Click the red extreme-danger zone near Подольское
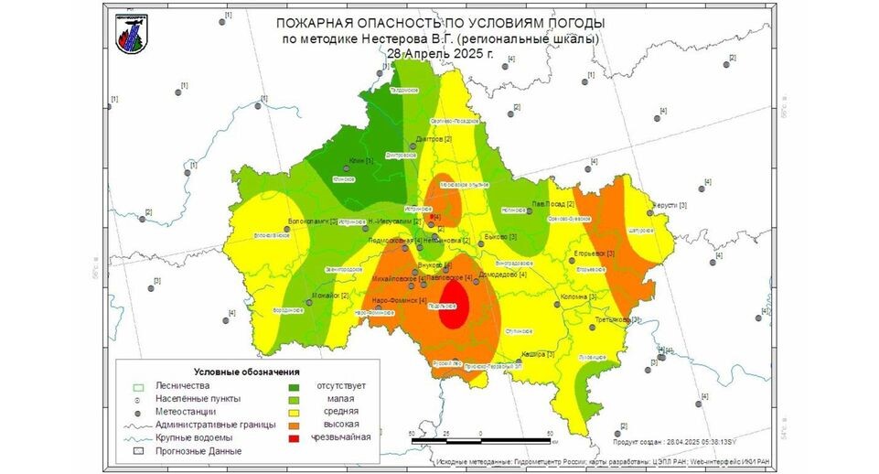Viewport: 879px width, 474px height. coord(453,306)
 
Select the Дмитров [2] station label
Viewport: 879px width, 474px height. coord(434,138)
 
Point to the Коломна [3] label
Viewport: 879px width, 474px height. coord(578,296)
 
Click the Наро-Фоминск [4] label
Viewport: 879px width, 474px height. coord(400,300)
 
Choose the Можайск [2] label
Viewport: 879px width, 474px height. coord(332,296)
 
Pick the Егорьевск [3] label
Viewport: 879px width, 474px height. coord(594,253)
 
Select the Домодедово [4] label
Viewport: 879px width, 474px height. coord(503,274)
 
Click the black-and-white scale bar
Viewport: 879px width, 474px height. coord(481,441)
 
